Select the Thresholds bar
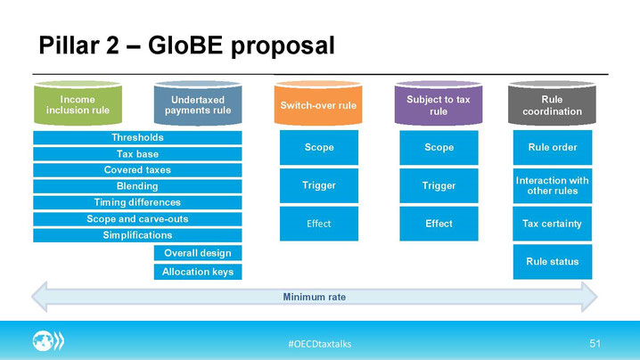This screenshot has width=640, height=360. (x=137, y=137)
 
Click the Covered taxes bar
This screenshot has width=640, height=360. (x=137, y=170)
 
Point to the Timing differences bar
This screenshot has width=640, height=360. (x=137, y=202)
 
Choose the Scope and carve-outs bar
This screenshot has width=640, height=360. (x=137, y=219)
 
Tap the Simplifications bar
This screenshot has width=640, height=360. (x=137, y=235)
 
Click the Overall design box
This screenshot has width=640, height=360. (x=198, y=253)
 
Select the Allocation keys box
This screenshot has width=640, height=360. (x=198, y=272)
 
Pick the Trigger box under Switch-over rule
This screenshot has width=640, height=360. (x=319, y=185)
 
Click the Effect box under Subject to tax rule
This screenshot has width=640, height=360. (x=439, y=224)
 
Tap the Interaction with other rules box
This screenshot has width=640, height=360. (x=553, y=185)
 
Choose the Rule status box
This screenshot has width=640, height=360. (x=553, y=262)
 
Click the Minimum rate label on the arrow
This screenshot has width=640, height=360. (x=315, y=297)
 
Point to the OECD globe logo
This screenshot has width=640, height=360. (x=48, y=340)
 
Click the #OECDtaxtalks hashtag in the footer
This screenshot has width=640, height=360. (x=320, y=344)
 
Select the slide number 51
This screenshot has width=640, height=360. (x=595, y=343)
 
